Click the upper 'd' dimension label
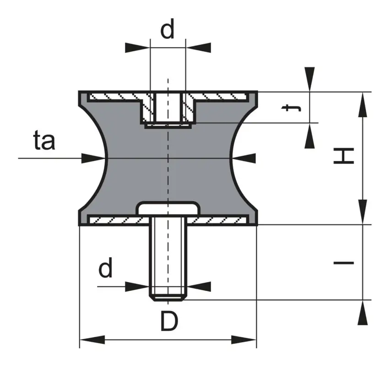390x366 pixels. (168, 29)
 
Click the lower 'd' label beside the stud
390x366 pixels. (105, 268)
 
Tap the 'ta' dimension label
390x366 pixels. (44, 140)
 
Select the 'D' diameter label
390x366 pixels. (169, 321)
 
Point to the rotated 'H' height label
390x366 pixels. (343, 156)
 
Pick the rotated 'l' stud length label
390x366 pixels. (343, 263)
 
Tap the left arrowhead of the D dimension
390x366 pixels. (92, 339)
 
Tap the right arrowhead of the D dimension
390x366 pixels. (244, 339)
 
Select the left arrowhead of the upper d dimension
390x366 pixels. (137, 48)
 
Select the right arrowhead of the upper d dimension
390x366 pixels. (199, 48)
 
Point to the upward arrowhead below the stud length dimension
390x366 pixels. (363, 312)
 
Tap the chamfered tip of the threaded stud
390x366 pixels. (168, 297)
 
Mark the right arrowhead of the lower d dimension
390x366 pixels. (199, 287)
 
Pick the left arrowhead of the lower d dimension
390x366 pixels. (137, 287)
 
